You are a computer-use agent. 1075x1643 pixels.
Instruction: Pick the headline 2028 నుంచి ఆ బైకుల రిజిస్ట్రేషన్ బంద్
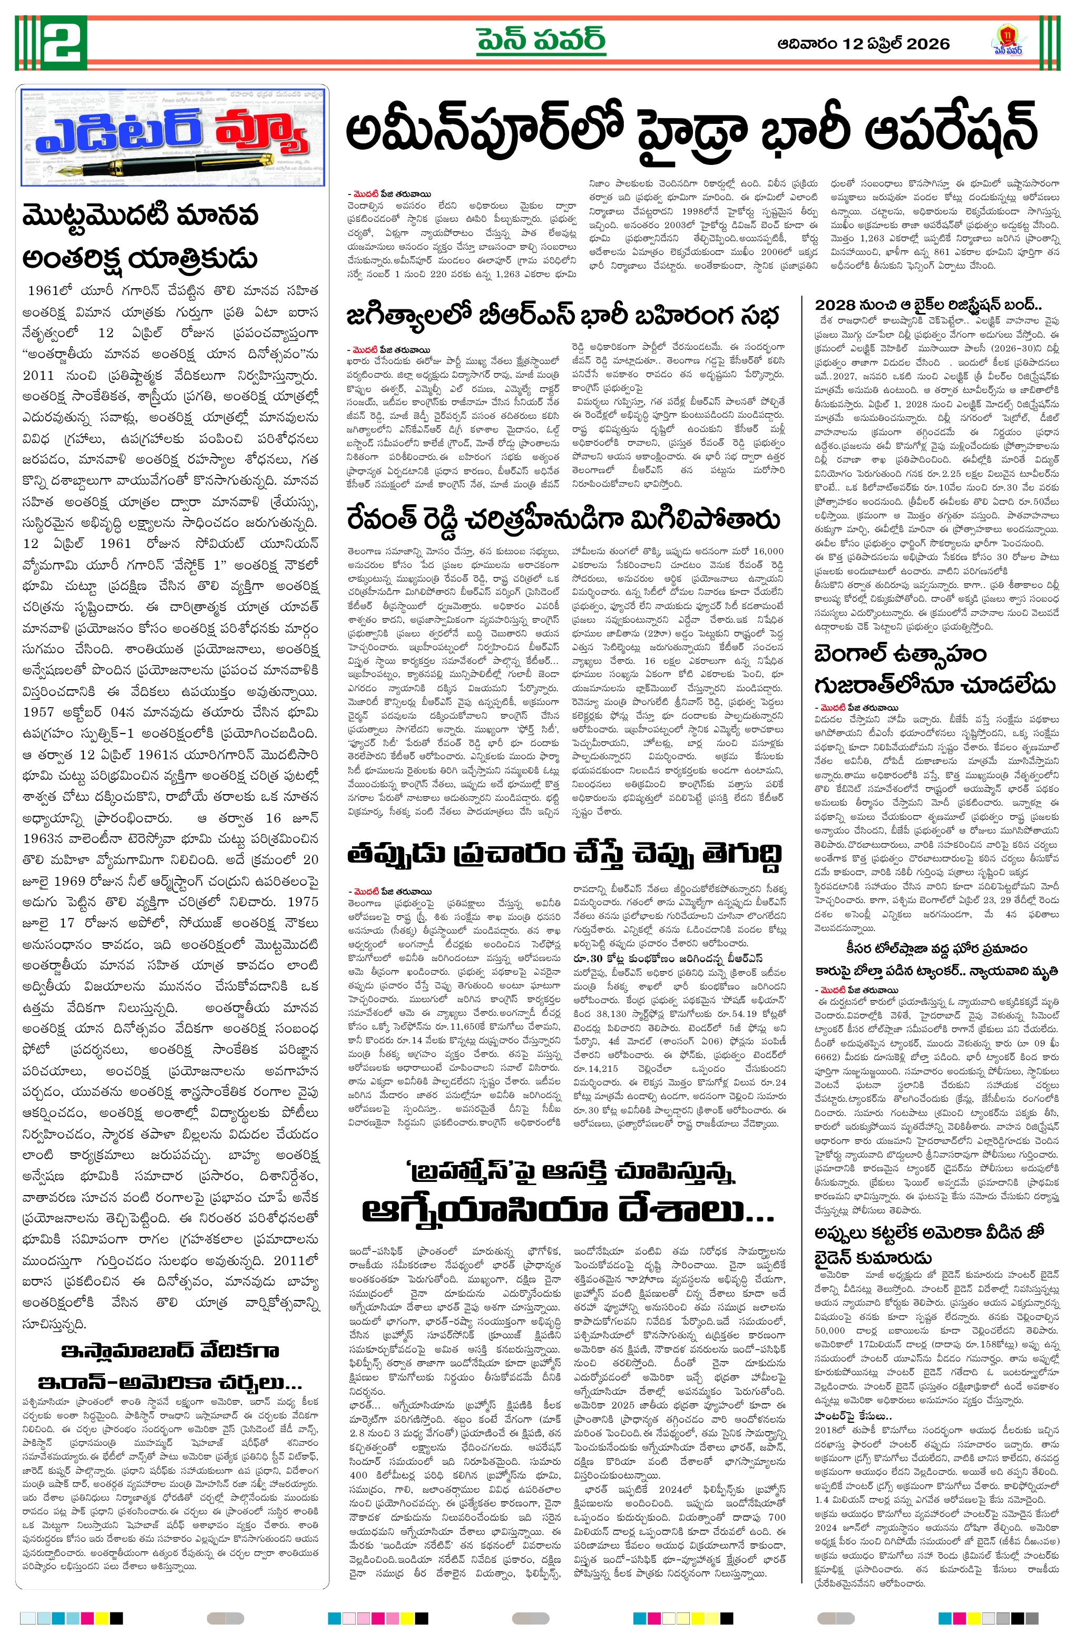pyautogui.click(x=928, y=305)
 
